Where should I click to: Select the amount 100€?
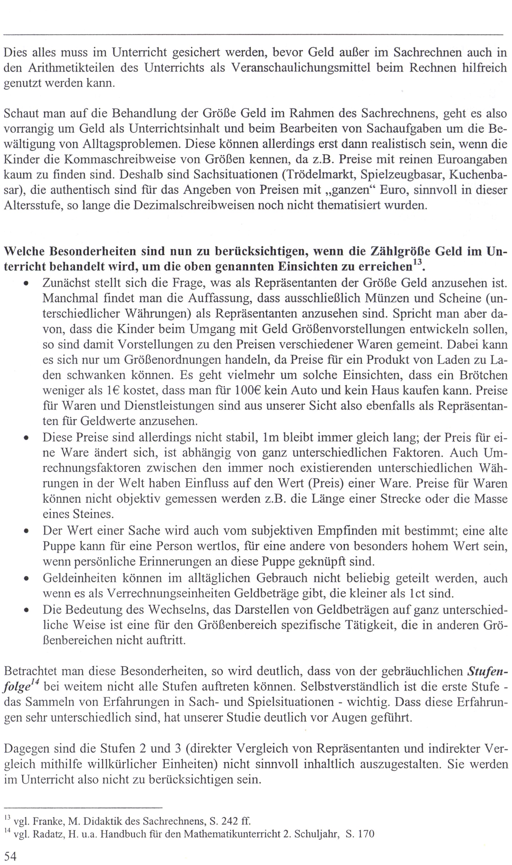tap(247, 391)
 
